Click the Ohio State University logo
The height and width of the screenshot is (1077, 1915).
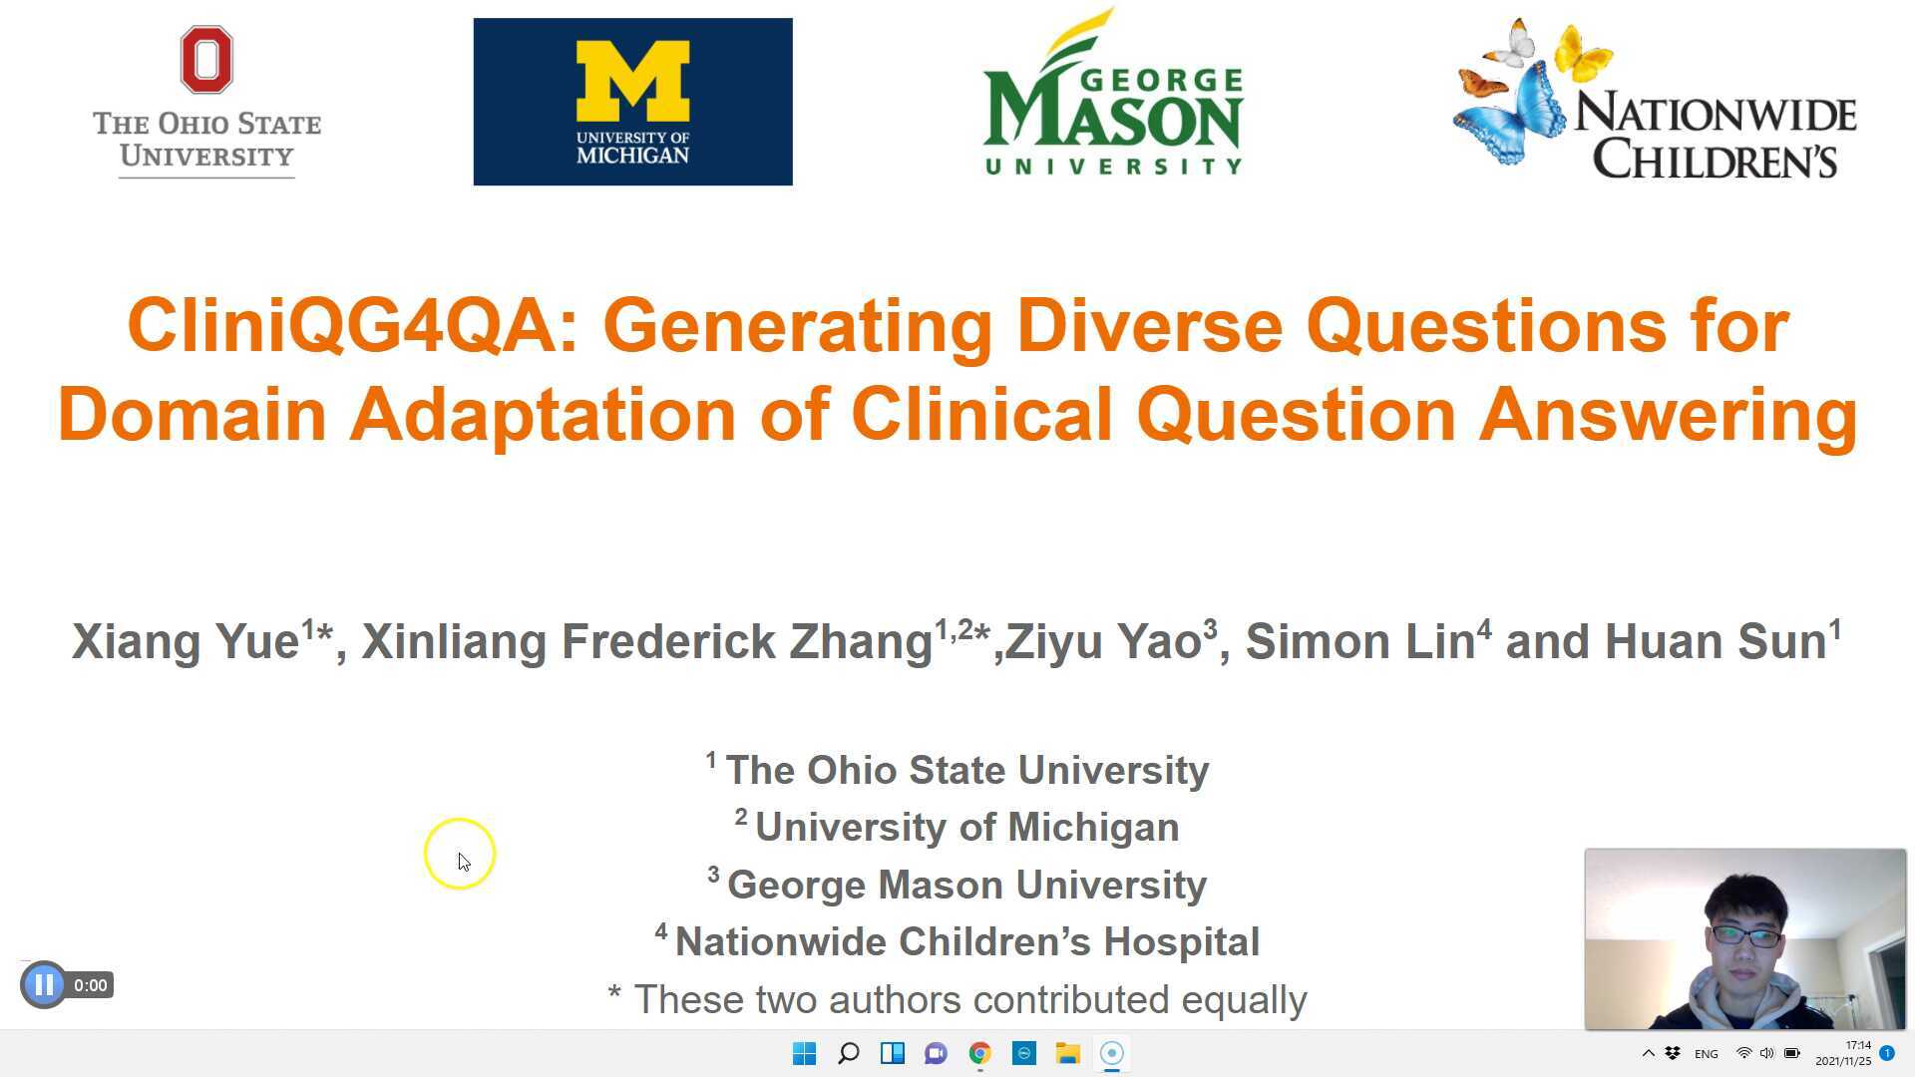pyautogui.click(x=206, y=103)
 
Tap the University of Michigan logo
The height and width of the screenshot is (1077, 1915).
pyautogui.click(x=632, y=102)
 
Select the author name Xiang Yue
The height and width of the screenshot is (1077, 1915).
pyautogui.click(x=186, y=641)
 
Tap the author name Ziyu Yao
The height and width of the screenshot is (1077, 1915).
pyautogui.click(x=1103, y=641)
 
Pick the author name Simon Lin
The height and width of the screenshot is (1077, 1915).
pyautogui.click(x=1360, y=641)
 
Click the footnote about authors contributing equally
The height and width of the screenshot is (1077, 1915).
pyautogui.click(x=957, y=999)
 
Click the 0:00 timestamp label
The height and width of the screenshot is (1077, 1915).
pyautogui.click(x=90, y=985)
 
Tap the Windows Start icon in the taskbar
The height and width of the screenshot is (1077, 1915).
pyautogui.click(x=804, y=1053)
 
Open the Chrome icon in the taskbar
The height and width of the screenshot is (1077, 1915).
pyautogui.click(x=979, y=1053)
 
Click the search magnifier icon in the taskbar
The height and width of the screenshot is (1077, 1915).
pyautogui.click(x=848, y=1053)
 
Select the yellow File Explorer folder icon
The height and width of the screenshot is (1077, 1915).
pyautogui.click(x=1067, y=1053)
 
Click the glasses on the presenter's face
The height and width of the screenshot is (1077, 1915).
pyautogui.click(x=1744, y=935)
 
